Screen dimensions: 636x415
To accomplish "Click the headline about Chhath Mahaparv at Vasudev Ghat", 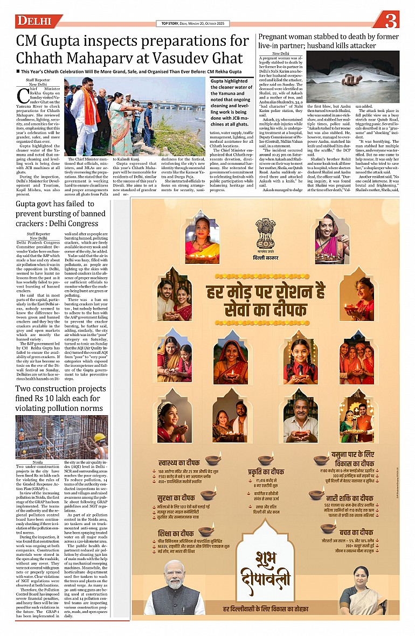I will tap(132, 49).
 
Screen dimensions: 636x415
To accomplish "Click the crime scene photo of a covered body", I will tap(353, 76).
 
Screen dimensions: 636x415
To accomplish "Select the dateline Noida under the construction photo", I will tap(38, 462).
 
